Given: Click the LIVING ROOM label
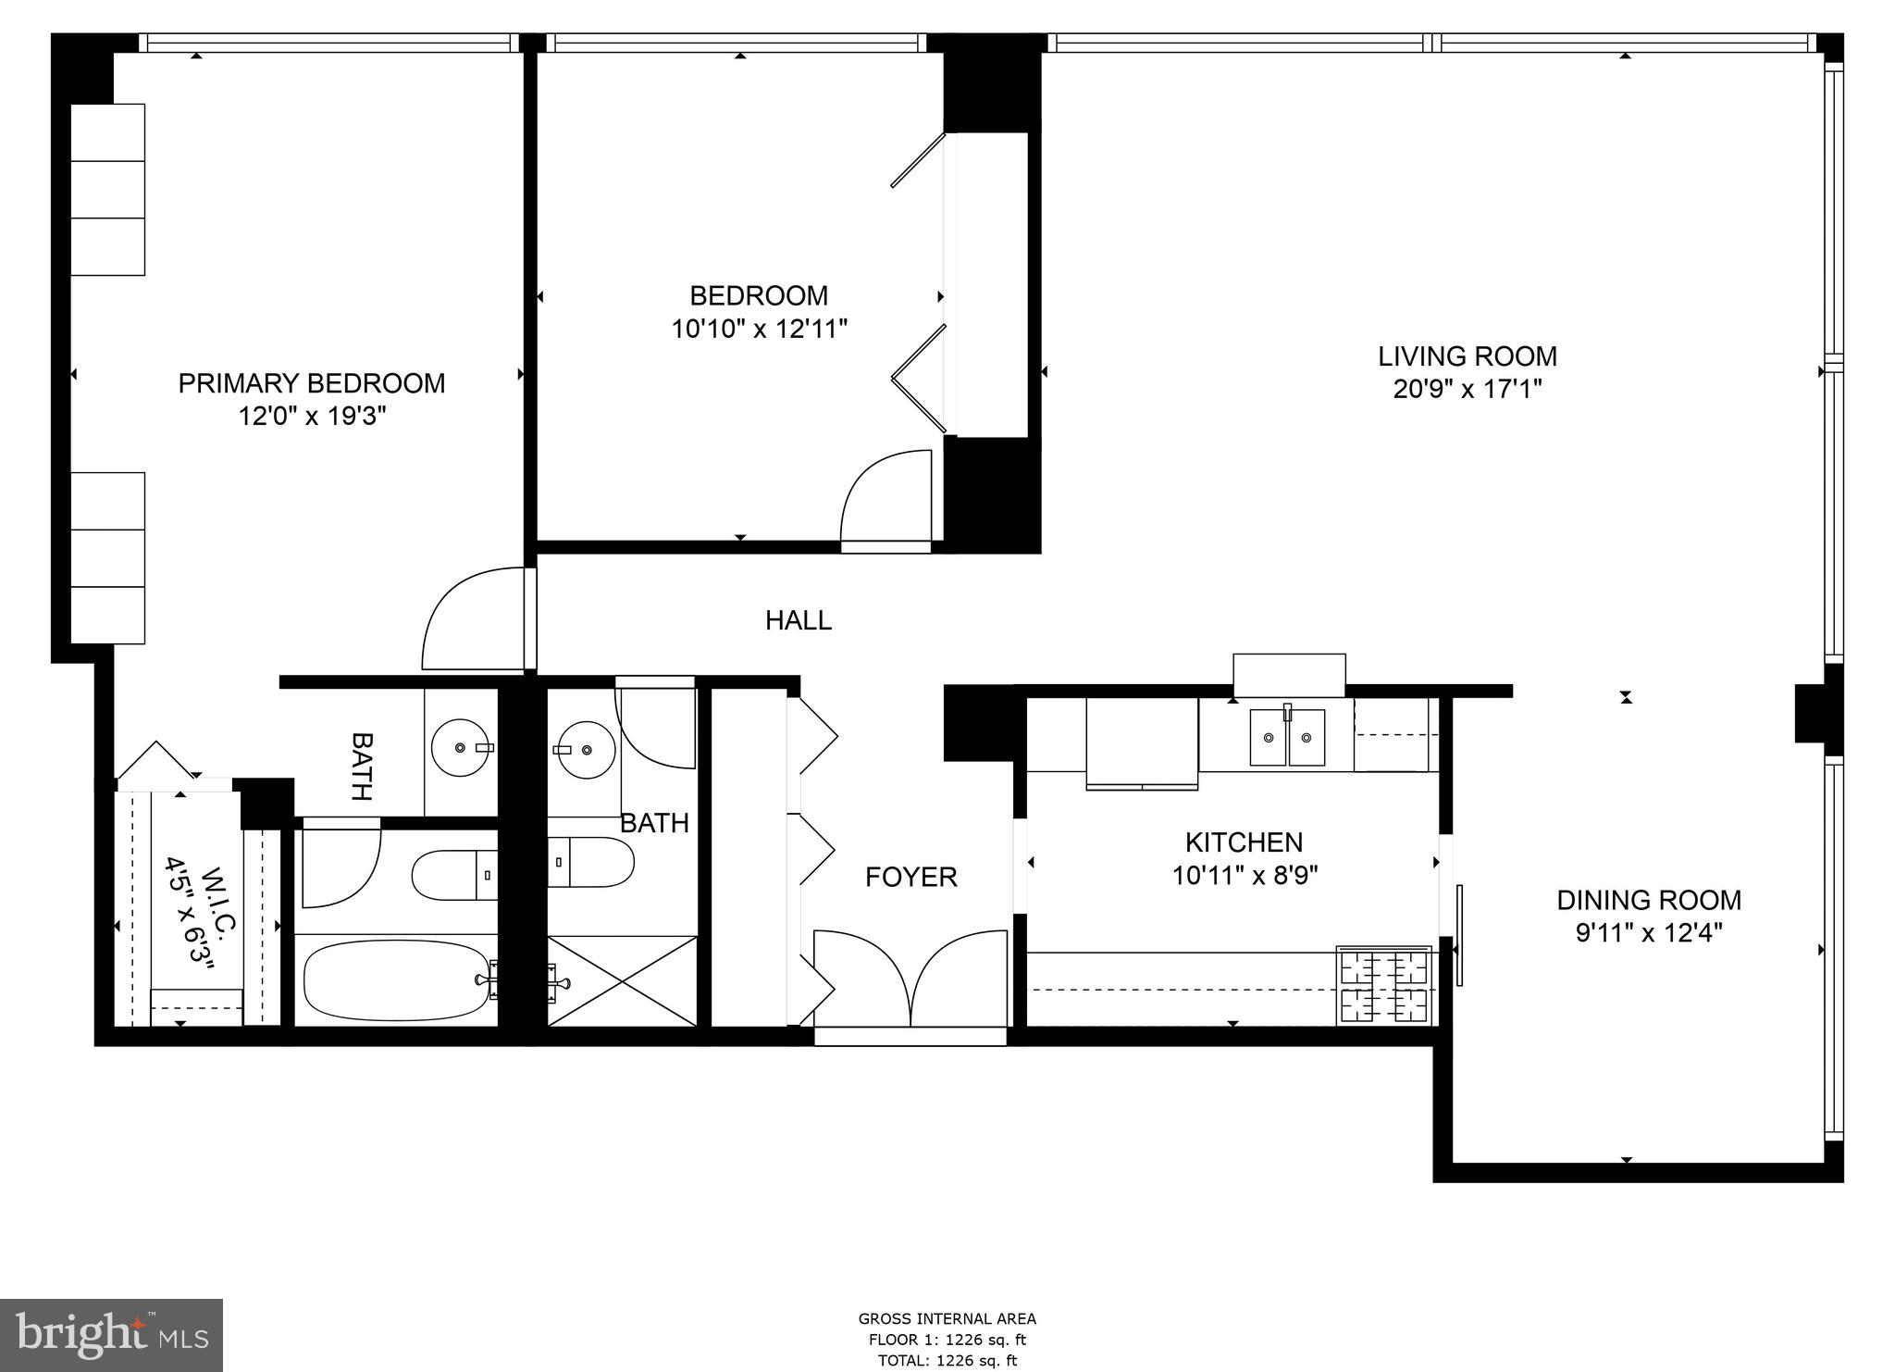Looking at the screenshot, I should pyautogui.click(x=1467, y=356).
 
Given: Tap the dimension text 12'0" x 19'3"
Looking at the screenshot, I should pyautogui.click(x=312, y=417).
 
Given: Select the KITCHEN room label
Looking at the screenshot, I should pyautogui.click(x=1244, y=842).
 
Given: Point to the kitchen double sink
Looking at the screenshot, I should pyautogui.click(x=1287, y=737).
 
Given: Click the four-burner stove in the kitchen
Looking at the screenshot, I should pyautogui.click(x=1384, y=985).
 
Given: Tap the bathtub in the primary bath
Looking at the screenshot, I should pyautogui.click(x=395, y=981).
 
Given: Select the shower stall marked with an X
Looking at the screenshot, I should pyautogui.click(x=622, y=980).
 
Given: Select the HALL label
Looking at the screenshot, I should pyautogui.click(x=798, y=620).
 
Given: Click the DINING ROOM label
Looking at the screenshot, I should pyautogui.click(x=1648, y=900).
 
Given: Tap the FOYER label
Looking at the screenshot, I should pyautogui.click(x=910, y=877).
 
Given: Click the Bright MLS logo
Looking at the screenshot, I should pyautogui.click(x=111, y=1335).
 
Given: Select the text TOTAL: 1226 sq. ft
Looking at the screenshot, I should pyautogui.click(x=947, y=1360).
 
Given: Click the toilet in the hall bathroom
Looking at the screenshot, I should pyautogui.click(x=589, y=862).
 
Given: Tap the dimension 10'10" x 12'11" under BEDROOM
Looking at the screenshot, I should pyautogui.click(x=759, y=329).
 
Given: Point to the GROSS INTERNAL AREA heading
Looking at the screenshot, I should pyautogui.click(x=947, y=1319).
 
